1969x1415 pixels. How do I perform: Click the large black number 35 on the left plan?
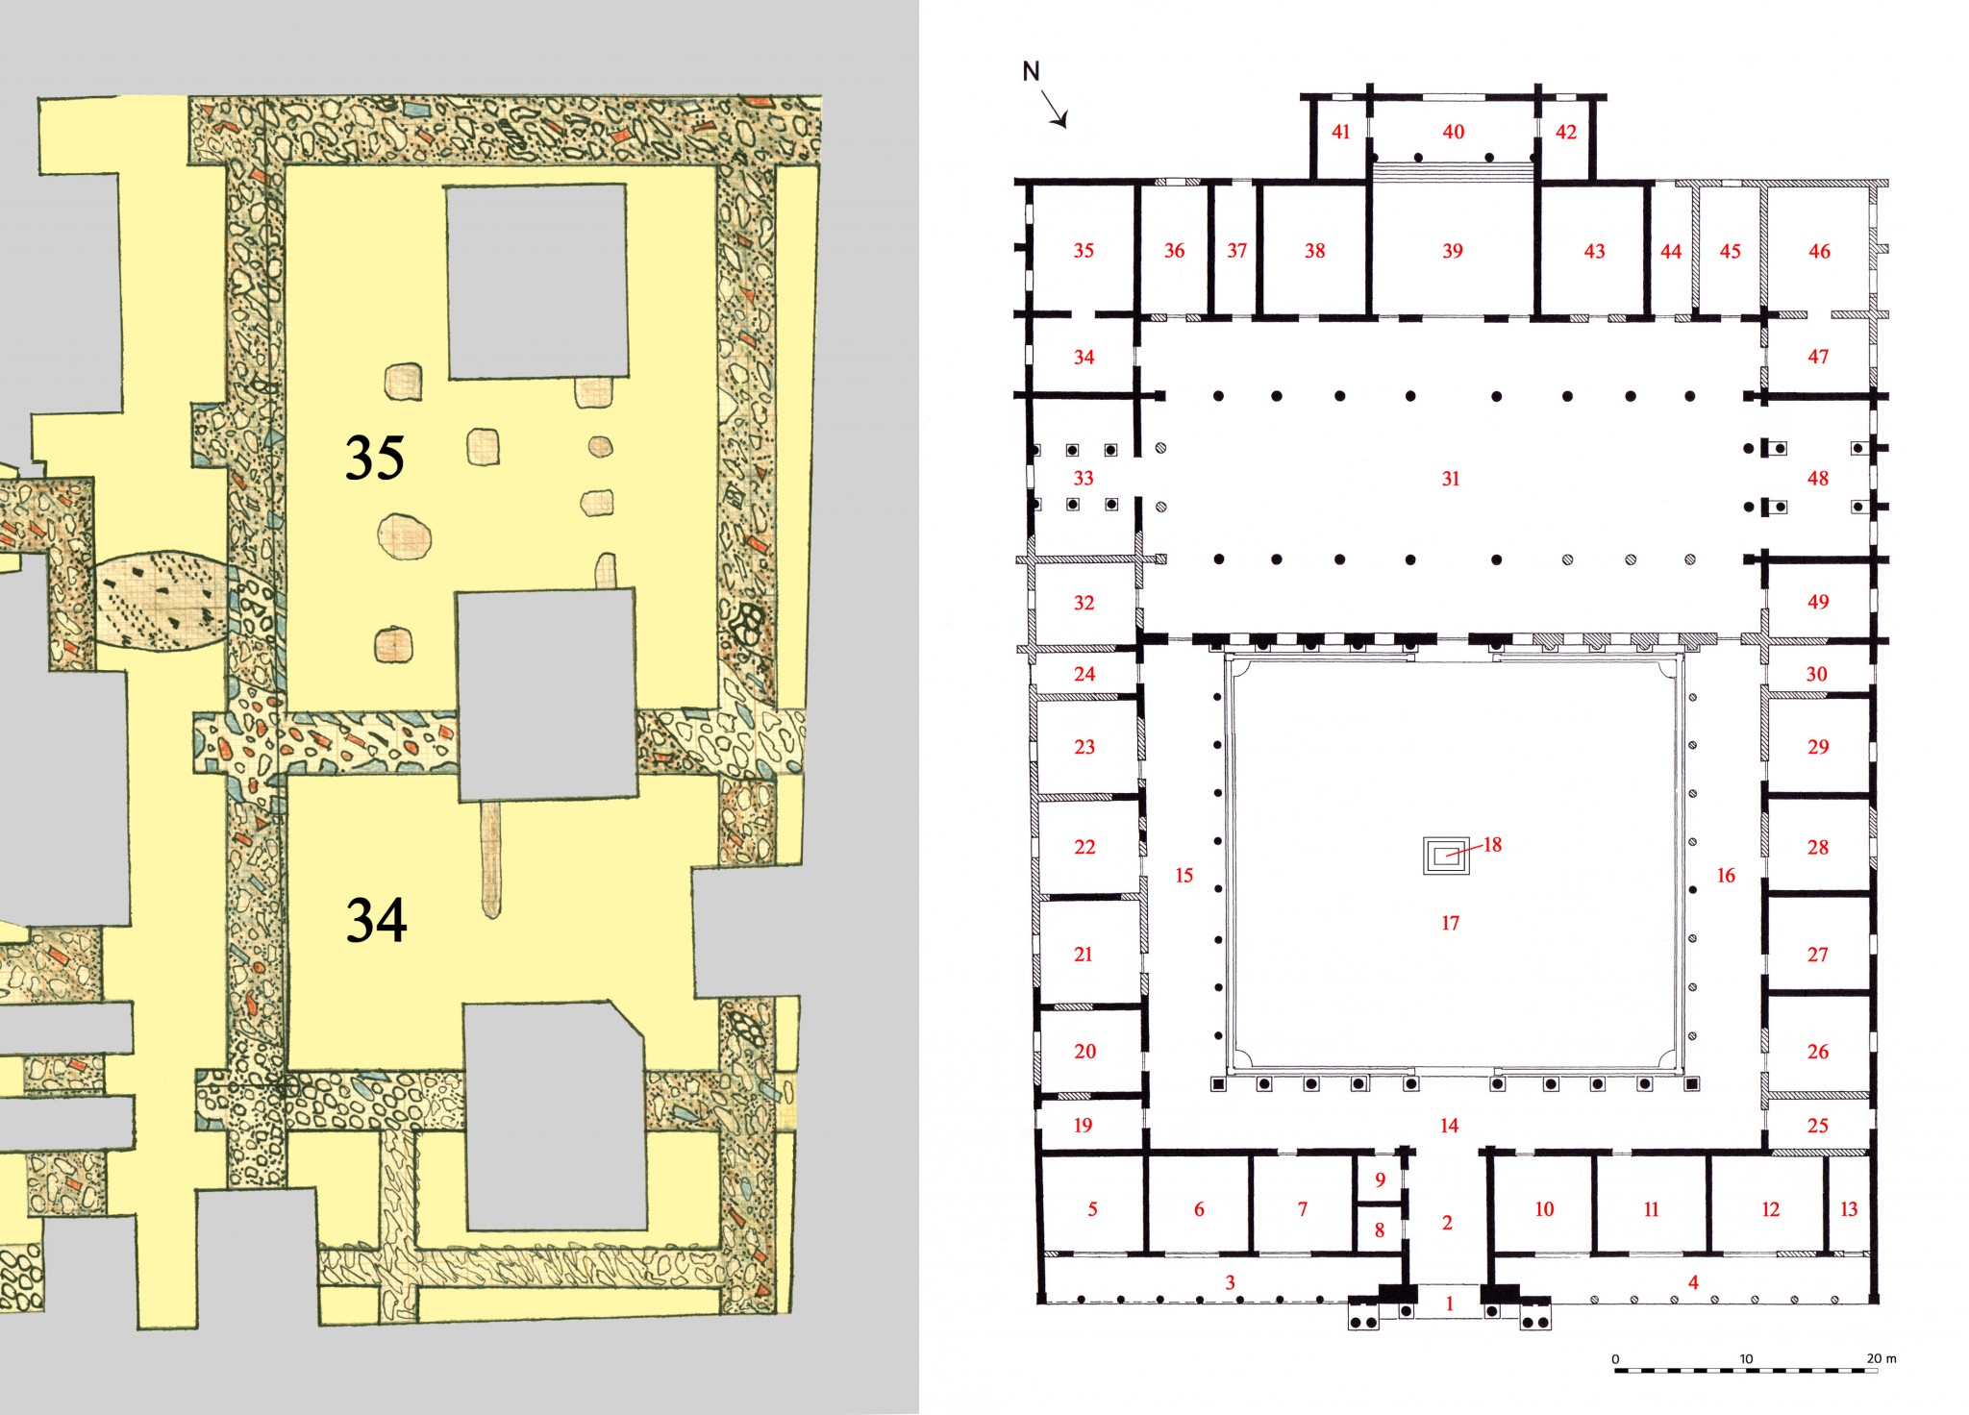tap(375, 458)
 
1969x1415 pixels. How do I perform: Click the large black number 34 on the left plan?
tap(376, 920)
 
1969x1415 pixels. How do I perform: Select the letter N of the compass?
tap(1031, 71)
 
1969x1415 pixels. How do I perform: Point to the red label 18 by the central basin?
tap(1492, 845)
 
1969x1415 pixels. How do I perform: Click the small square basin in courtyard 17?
tap(1446, 856)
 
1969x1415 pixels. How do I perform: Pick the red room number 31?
tap(1451, 479)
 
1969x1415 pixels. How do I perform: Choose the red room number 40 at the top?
tap(1454, 132)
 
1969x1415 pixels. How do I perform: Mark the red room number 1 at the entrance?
tap(1450, 1304)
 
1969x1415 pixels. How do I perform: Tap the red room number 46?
tap(1819, 252)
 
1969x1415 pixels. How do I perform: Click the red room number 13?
tap(1849, 1209)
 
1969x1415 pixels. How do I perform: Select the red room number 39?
tap(1453, 252)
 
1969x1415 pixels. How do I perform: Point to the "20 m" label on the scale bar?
tap(1882, 1358)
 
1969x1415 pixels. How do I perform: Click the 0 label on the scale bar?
tap(1615, 1359)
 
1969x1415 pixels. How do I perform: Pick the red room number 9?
tap(1381, 1179)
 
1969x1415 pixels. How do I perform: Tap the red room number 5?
tap(1092, 1209)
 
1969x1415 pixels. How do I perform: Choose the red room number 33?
tap(1084, 478)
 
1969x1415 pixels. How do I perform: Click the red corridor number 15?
tap(1184, 876)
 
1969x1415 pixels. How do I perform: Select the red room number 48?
tap(1817, 479)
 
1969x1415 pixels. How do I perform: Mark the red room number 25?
tap(1817, 1126)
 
